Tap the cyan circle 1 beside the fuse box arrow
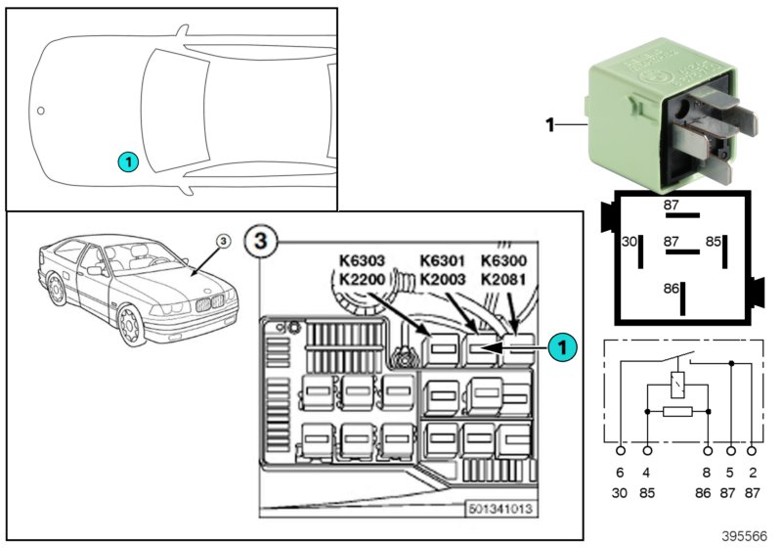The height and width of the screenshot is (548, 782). pos(561,345)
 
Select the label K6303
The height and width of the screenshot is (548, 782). pos(363,260)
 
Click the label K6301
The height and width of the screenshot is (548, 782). pos(444,260)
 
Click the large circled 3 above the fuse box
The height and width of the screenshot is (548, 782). pos(256,240)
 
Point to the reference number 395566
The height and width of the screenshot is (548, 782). pos(745,537)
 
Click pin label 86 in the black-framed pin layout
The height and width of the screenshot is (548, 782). pos(670,290)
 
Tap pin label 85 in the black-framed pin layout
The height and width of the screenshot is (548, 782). pos(714,241)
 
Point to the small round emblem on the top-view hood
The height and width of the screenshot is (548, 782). pos(41,110)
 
